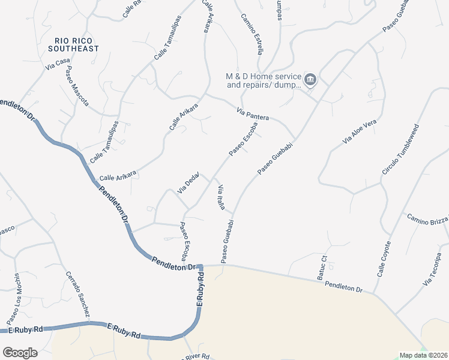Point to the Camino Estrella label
coord(252,34)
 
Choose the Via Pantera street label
coord(253,113)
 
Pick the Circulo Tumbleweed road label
coord(400,150)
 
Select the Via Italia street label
coord(220,197)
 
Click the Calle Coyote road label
coord(384,259)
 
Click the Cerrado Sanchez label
coord(78,295)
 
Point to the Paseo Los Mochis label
coord(13,298)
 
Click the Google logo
coord(20,352)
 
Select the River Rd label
coord(197,356)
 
